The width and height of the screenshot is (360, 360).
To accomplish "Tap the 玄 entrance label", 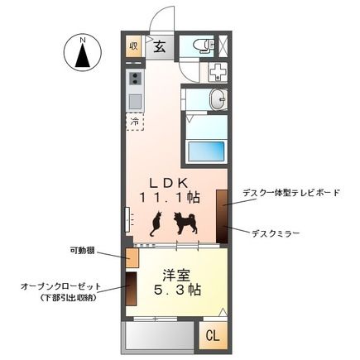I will click(159, 46).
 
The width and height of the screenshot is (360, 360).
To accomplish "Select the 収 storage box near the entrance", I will click(133, 46).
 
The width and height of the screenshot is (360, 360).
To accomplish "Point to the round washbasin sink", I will click(218, 99).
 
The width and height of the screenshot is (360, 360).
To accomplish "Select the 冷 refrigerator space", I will click(135, 121).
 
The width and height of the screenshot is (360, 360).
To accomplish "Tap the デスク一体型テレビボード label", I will click(290, 192).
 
